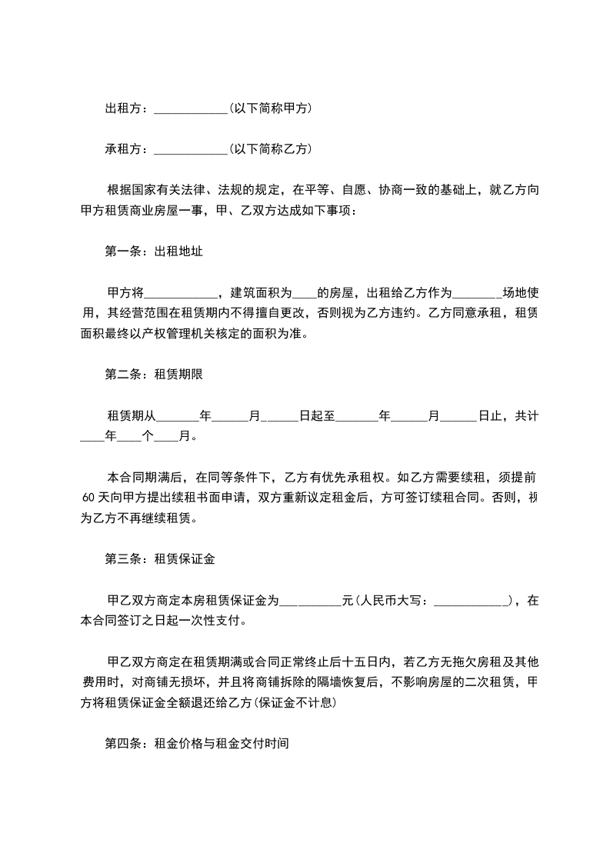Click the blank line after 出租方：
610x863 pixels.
[x=190, y=110]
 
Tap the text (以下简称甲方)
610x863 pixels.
[x=270, y=109]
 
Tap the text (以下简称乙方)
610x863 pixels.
[x=270, y=149]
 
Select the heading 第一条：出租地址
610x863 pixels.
[x=154, y=251]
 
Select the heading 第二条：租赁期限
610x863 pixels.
[x=154, y=375]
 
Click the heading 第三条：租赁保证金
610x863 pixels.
[x=160, y=559]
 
